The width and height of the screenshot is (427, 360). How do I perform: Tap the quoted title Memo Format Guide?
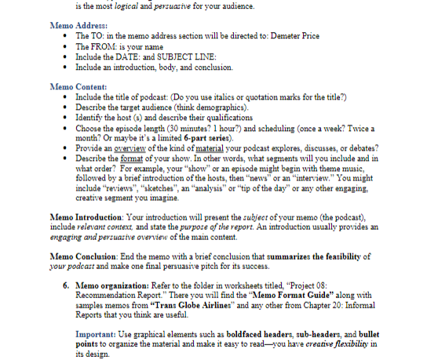(297, 301)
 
